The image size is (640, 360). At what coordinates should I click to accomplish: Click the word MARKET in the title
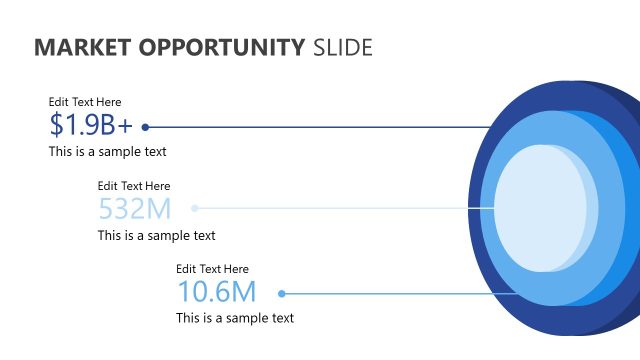pyautogui.click(x=77, y=47)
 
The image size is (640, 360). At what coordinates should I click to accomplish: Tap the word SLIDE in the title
pyautogui.click(x=343, y=47)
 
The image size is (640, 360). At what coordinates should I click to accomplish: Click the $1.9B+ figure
pyautogui.click(x=91, y=125)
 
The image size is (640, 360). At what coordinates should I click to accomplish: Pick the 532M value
pyautogui.click(x=135, y=209)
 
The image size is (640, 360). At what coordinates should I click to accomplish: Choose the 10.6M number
pyautogui.click(x=217, y=292)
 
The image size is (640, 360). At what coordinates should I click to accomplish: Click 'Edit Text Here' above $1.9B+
pyautogui.click(x=85, y=102)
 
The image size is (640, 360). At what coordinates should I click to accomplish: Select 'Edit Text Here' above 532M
pyautogui.click(x=134, y=186)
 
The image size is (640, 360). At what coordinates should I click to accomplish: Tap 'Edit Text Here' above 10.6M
pyautogui.click(x=212, y=269)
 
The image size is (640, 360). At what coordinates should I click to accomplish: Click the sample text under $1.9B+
pyautogui.click(x=107, y=152)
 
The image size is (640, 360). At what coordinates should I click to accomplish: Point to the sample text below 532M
pyautogui.click(x=156, y=236)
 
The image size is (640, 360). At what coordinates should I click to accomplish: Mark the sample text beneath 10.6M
pyautogui.click(x=235, y=319)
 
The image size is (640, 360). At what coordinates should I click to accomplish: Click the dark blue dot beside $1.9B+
pyautogui.click(x=146, y=127)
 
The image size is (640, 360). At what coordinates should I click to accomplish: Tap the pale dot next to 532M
pyautogui.click(x=195, y=209)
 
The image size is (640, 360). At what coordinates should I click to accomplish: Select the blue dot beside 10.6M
pyautogui.click(x=282, y=293)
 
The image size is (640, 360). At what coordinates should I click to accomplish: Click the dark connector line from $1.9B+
pyautogui.click(x=320, y=127)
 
